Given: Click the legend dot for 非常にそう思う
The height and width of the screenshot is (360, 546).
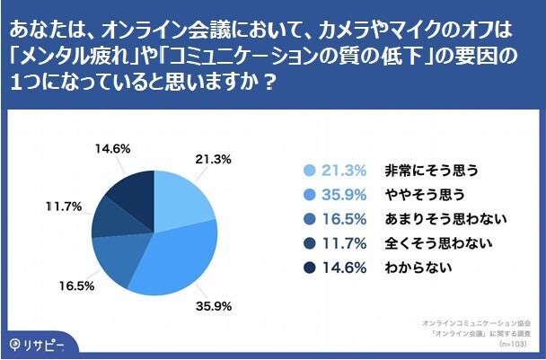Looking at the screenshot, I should [x=310, y=170].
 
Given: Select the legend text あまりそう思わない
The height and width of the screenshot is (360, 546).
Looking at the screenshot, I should [x=433, y=218].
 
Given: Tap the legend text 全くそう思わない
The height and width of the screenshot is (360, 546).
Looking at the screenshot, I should [x=426, y=242].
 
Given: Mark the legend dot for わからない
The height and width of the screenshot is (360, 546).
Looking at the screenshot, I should [x=310, y=267].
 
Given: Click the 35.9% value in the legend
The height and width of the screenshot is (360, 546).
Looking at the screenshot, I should [x=345, y=194].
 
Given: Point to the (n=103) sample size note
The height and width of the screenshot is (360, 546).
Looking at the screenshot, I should [x=515, y=343].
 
